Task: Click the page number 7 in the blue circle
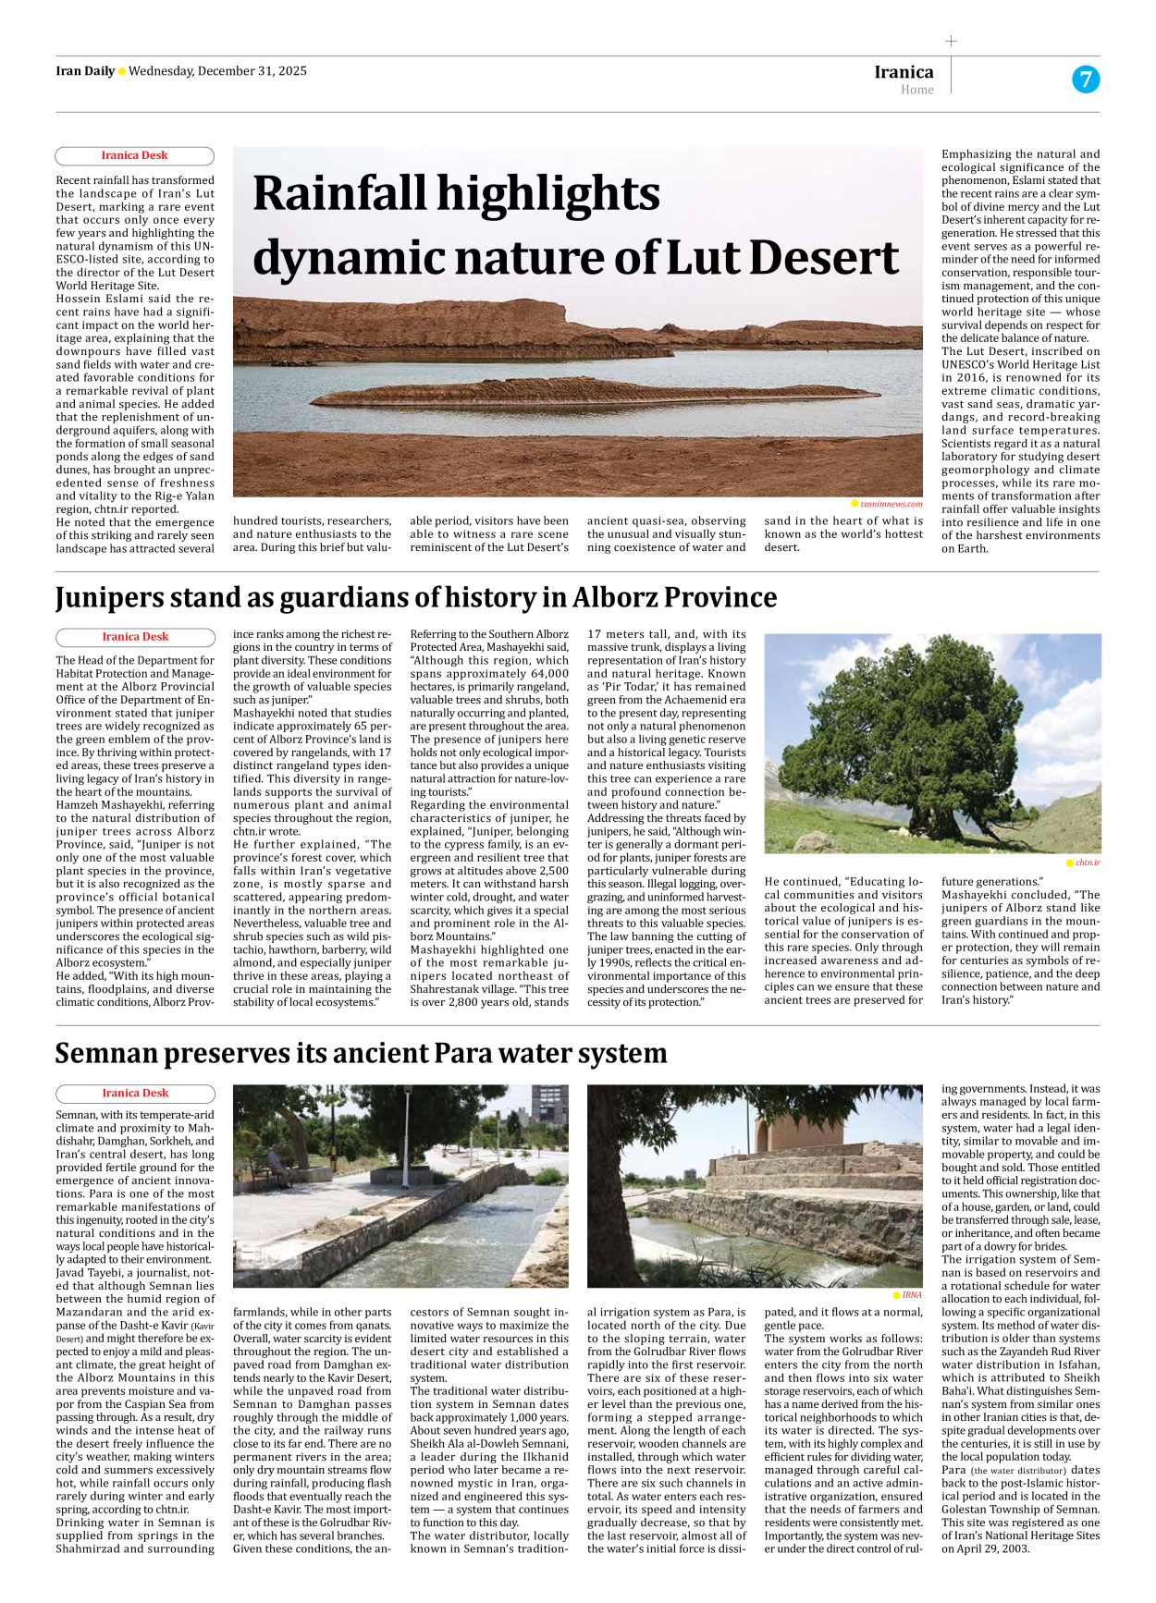pyautogui.click(x=1086, y=80)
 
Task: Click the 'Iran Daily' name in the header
pyautogui.click(x=85, y=71)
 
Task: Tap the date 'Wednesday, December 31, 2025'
pyautogui.click(x=217, y=71)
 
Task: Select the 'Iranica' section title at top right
pyautogui.click(x=904, y=72)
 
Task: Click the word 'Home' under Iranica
pyautogui.click(x=917, y=90)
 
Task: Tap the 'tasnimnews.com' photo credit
pyautogui.click(x=891, y=504)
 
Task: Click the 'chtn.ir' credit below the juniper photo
pyautogui.click(x=1087, y=863)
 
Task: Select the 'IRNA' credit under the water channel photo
pyautogui.click(x=911, y=1295)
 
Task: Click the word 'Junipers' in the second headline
pyautogui.click(x=115, y=598)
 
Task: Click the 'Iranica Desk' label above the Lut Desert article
pyautogui.click(x=134, y=155)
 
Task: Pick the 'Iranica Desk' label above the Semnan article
pyautogui.click(x=135, y=1093)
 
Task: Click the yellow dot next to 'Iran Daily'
pyautogui.click(x=121, y=72)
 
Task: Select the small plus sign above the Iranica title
pyautogui.click(x=951, y=41)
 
